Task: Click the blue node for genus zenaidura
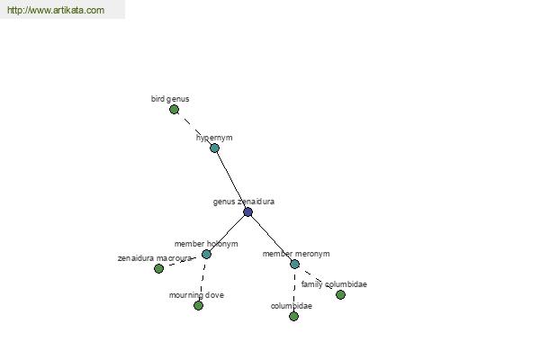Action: click(x=248, y=211)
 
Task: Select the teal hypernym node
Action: click(x=214, y=148)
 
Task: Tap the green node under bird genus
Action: click(x=175, y=110)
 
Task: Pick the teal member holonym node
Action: click(x=206, y=254)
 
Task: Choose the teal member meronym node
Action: click(x=295, y=265)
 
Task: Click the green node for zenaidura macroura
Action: click(x=158, y=268)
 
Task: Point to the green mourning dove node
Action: click(x=198, y=305)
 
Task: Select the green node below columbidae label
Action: click(x=293, y=316)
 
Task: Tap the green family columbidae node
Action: click(x=340, y=294)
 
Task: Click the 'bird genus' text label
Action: click(x=170, y=99)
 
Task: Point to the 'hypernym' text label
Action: click(x=214, y=138)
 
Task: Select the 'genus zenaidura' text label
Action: click(x=244, y=202)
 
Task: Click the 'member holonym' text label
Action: click(x=206, y=244)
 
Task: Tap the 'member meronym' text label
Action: click(x=296, y=254)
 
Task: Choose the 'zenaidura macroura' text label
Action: click(x=155, y=258)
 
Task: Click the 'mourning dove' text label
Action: click(x=196, y=295)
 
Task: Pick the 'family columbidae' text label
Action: click(x=334, y=284)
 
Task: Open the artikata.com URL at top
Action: click(x=56, y=10)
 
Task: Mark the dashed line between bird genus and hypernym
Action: click(x=194, y=129)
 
